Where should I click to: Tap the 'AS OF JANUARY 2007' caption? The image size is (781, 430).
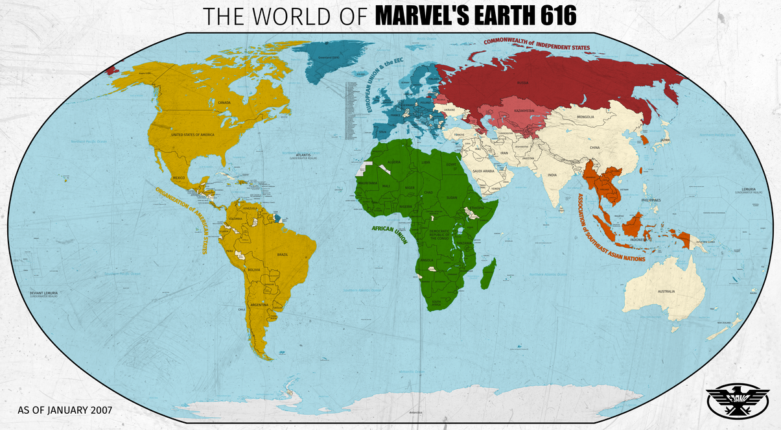coord(65,410)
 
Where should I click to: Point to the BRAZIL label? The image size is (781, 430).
coord(283,254)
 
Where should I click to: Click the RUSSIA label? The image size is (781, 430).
coord(522,83)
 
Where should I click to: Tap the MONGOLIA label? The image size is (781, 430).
coord(585,117)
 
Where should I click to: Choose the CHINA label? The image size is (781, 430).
coord(595,147)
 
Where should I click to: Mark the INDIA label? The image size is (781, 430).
coord(552,174)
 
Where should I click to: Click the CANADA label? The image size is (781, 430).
coord(224,102)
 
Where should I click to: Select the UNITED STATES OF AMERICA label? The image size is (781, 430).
coord(192,134)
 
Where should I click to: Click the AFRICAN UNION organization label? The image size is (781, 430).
coord(389,235)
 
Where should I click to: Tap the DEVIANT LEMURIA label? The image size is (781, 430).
coord(44,294)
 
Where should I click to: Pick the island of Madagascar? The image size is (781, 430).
coord(489,273)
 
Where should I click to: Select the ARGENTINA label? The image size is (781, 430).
coord(259,304)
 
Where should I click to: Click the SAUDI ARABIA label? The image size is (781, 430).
coord(484,171)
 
